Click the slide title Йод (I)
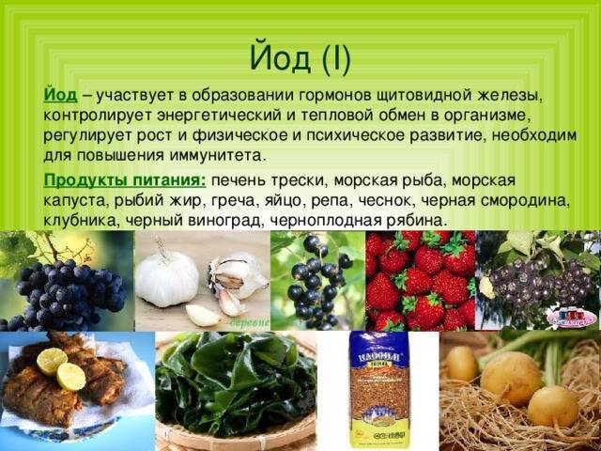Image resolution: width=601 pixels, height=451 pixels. tap(300, 58)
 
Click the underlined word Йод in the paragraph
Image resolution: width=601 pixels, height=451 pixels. tap(60, 95)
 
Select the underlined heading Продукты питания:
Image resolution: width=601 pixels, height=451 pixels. tap(125, 180)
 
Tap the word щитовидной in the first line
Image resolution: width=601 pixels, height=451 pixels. tap(424, 96)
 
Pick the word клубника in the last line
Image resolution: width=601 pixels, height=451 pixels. tap(82, 222)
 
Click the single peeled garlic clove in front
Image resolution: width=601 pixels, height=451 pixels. tap(203, 316)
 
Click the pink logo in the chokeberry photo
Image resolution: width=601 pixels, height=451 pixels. tap(572, 318)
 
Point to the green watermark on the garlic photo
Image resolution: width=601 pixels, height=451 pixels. tap(250, 323)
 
